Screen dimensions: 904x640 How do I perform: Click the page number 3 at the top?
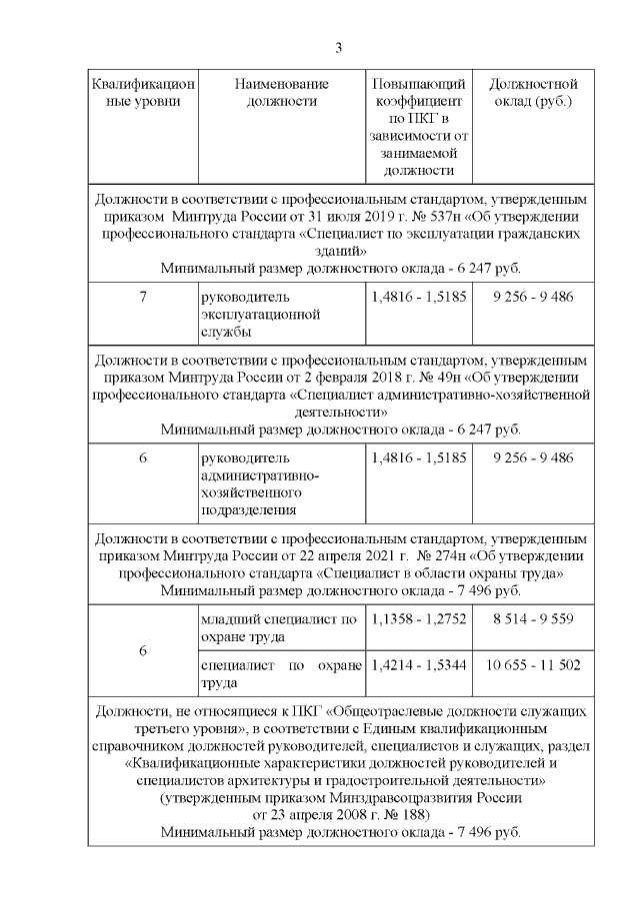338,48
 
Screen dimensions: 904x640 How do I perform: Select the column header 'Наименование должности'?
281,93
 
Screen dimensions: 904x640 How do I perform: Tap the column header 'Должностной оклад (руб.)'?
533,93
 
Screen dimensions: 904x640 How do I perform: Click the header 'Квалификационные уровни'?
142,93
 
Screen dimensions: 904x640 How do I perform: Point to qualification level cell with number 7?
142,298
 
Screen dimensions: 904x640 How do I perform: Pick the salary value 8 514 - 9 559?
533,619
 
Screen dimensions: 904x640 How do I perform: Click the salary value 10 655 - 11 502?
533,664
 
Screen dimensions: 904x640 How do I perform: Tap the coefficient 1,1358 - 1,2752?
418,619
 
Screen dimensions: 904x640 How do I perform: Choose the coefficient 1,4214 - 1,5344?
418,664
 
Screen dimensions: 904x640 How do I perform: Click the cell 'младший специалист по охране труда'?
279,627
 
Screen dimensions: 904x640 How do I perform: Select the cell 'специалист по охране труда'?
279,673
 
